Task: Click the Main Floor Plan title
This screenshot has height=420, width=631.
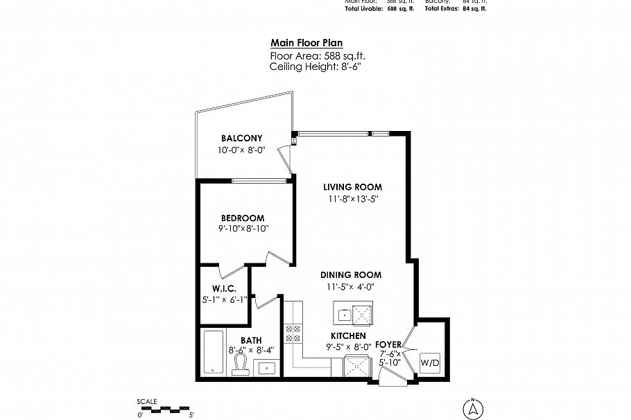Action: click(306, 42)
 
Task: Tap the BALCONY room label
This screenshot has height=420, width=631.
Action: click(241, 137)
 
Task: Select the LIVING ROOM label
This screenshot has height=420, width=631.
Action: click(353, 187)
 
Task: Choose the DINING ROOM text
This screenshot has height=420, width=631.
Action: click(351, 274)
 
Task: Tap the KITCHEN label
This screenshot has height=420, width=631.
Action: click(348, 335)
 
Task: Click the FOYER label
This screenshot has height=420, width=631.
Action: click(388, 344)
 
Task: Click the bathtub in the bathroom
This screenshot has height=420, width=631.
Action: click(213, 353)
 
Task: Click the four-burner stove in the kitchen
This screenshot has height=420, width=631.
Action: click(293, 334)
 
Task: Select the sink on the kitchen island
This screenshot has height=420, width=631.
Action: click(344, 314)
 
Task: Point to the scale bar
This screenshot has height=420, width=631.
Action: click(165, 408)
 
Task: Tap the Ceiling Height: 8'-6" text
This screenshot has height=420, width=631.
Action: click(315, 67)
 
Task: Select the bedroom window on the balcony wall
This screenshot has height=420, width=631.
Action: click(259, 182)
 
